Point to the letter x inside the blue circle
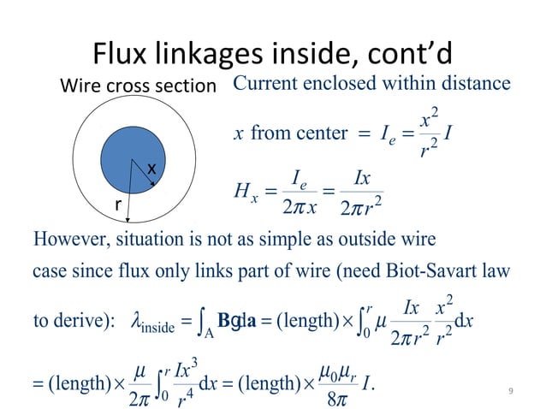coord(151,169)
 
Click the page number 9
coord(510,392)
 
